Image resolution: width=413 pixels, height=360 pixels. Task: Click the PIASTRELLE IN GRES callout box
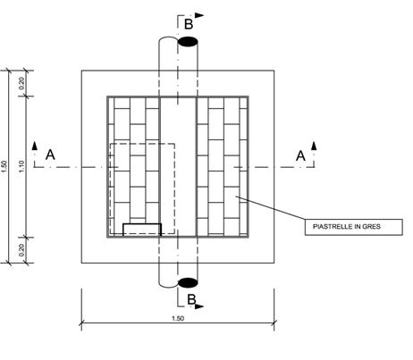[354, 227]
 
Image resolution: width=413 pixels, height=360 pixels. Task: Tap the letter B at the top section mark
[189, 24]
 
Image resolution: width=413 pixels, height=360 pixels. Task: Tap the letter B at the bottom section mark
[191, 299]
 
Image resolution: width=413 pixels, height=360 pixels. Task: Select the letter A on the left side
[50, 155]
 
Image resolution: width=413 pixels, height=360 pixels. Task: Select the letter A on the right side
[300, 155]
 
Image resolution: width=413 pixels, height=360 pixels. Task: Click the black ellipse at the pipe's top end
[188, 42]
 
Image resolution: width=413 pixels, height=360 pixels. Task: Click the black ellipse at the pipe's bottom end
[188, 282]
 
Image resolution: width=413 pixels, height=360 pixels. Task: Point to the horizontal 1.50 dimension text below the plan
[178, 318]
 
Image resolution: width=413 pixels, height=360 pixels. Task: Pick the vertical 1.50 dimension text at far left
[4, 166]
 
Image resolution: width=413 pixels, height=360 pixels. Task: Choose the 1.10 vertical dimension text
[21, 166]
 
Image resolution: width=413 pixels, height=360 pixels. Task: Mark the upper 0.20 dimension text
[21, 83]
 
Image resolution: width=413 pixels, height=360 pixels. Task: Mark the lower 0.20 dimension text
[21, 250]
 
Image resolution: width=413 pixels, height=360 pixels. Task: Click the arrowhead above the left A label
[35, 146]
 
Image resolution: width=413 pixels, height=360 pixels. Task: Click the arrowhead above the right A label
[314, 146]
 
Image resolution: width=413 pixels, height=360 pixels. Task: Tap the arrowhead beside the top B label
[199, 15]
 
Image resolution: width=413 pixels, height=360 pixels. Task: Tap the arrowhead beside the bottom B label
[199, 306]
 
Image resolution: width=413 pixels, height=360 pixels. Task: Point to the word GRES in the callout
[371, 227]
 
